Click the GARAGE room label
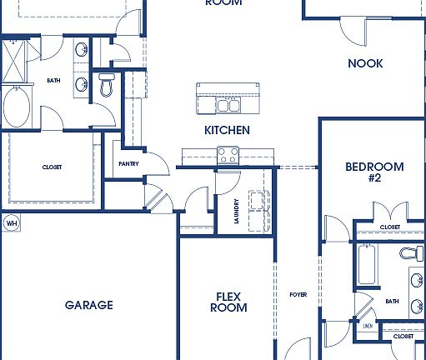(88, 305)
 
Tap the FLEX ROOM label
(231, 302)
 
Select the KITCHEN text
(227, 131)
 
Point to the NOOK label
(365, 63)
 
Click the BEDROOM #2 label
(374, 172)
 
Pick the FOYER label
(298, 293)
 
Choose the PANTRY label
(128, 164)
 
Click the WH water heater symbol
(11, 222)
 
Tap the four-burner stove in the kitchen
(228, 155)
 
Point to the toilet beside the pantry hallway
(107, 85)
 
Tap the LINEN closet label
(368, 327)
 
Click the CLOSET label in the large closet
(52, 167)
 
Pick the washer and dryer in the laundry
(258, 204)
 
